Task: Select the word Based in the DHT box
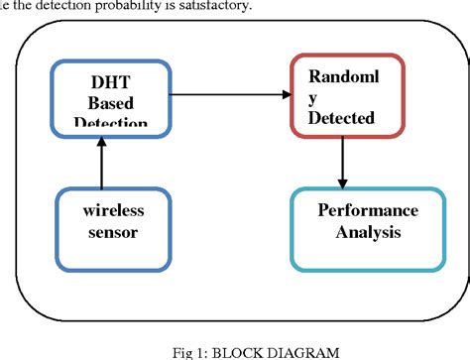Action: point(101,102)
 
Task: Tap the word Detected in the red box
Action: point(340,118)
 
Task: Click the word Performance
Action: point(367,210)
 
